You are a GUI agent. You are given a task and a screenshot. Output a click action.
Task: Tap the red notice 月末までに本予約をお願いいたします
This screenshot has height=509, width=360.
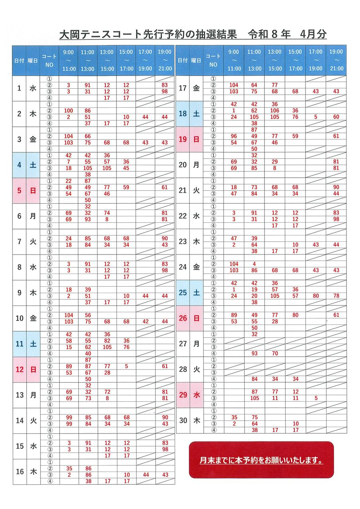pos(261,460)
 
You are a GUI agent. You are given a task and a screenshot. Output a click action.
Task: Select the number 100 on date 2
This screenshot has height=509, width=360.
pos(69,111)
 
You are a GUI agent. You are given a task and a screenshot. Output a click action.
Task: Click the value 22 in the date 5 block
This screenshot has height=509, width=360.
pos(69,181)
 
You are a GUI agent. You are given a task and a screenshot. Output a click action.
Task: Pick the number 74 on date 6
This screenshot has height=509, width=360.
pos(107,213)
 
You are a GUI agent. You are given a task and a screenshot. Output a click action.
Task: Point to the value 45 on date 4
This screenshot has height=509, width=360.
pos(126,168)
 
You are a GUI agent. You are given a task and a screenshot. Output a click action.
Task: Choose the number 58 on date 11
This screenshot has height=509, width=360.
pos(69,341)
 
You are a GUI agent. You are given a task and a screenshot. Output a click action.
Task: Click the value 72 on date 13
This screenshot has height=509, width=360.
pos(107,392)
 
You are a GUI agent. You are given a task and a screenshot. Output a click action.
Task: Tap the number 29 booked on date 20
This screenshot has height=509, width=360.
pos(274,162)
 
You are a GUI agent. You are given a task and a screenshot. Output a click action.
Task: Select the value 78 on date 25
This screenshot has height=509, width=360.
pos(336,296)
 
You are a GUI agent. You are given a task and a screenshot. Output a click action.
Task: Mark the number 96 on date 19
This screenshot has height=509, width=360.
pos(234,136)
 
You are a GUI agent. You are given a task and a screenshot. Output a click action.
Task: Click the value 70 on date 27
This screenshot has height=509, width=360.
pos(274,354)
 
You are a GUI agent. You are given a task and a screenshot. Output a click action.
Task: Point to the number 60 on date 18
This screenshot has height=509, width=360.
pos(336,117)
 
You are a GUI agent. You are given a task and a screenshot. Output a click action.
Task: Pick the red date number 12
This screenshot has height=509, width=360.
pos(19,369)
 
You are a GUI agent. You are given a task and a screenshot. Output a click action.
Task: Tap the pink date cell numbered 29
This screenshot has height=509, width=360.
pos(183,395)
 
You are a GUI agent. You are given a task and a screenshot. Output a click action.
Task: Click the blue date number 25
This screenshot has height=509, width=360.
pos(183,293)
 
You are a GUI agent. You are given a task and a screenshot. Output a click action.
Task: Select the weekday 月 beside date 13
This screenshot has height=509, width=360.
pos(33,395)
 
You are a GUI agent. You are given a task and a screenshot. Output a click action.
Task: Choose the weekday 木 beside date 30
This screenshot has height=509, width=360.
pos(196,420)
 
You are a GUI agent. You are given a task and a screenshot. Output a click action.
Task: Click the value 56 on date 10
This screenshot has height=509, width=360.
pos(88,315)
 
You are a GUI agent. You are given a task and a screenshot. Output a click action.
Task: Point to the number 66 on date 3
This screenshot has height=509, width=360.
pos(88,136)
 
